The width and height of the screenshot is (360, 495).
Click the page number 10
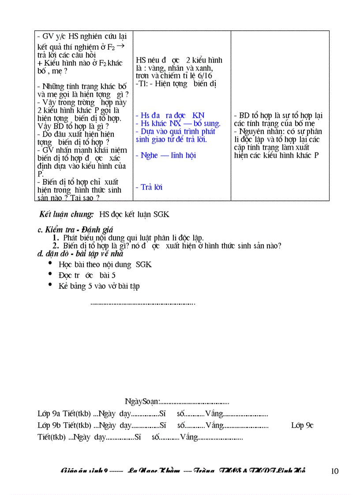click(334, 471)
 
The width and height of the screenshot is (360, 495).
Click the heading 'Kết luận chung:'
click(67, 215)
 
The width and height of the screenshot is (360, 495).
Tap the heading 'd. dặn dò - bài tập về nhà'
click(80, 254)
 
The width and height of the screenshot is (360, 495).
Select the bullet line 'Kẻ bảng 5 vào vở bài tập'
click(99, 286)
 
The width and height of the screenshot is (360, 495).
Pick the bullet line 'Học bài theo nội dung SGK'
click(105, 264)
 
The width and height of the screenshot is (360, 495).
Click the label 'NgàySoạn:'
click(142, 402)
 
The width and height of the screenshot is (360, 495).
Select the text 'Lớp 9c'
click(302, 425)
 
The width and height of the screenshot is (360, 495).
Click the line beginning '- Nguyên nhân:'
click(278, 131)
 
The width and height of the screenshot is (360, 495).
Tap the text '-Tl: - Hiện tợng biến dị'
click(176, 84)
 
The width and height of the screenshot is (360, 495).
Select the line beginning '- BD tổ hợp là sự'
click(278, 116)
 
